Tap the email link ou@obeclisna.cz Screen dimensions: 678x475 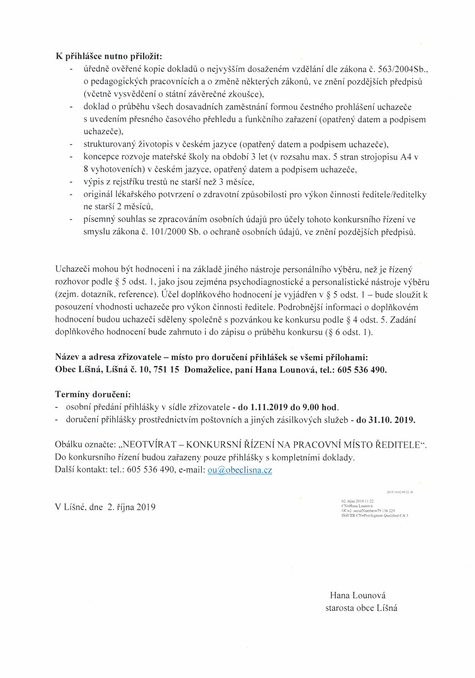[240, 470]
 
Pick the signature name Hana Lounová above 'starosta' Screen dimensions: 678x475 [357, 595]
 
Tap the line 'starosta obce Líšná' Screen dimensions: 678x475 [361, 608]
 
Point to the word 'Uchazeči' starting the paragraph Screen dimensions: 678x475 [70, 269]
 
